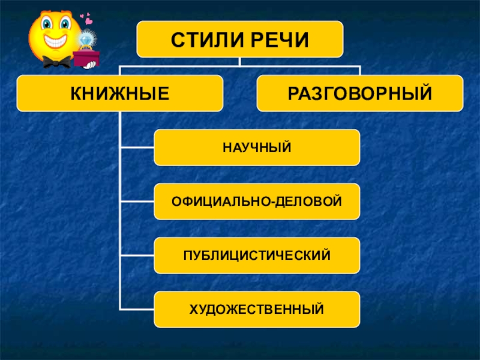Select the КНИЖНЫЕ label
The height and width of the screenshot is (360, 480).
coord(119,94)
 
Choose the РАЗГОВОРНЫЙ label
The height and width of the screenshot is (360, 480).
coord(360,94)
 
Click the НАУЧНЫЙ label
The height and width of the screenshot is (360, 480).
coord(257,147)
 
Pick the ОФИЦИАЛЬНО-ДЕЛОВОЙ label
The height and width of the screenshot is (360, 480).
coord(257,201)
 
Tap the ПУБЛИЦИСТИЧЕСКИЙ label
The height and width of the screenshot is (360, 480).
coord(257,255)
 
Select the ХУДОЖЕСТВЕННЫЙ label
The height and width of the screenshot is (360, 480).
coord(257,310)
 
